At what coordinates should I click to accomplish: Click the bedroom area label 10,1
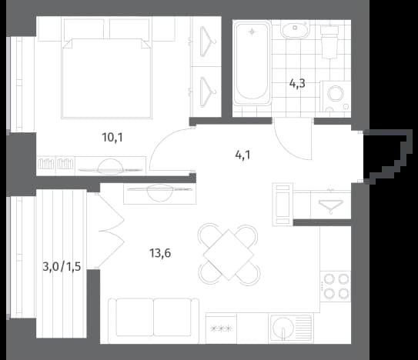(x=112, y=138)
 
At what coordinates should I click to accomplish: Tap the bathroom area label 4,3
(x=297, y=84)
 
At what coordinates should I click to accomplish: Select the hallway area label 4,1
(x=242, y=155)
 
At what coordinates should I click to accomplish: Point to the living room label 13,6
(x=160, y=253)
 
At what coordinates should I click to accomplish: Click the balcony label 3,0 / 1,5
(x=62, y=266)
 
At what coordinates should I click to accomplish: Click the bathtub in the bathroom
(x=252, y=63)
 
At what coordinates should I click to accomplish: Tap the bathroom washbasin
(x=295, y=30)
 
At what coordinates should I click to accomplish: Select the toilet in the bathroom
(x=329, y=42)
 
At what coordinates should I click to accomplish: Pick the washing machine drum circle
(x=335, y=94)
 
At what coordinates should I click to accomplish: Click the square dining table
(x=229, y=255)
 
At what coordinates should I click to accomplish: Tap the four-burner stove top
(x=336, y=286)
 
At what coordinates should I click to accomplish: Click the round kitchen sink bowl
(x=283, y=328)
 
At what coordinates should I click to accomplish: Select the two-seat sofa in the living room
(x=153, y=321)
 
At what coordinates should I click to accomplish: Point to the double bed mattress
(x=106, y=78)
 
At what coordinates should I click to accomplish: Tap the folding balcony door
(x=109, y=231)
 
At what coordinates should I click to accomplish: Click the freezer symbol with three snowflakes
(x=221, y=328)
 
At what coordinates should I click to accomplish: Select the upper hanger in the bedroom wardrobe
(x=207, y=42)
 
